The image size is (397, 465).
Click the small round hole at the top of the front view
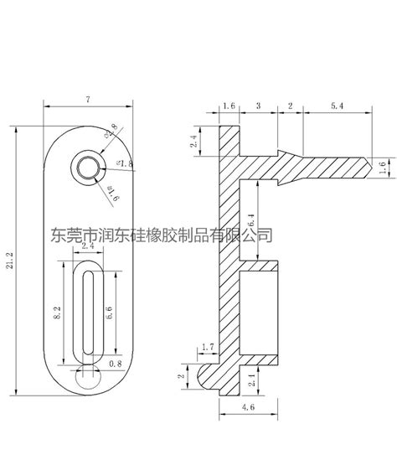87,166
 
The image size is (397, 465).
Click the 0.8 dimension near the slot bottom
115,363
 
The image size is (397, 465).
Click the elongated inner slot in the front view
87,311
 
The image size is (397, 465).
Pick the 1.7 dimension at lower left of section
208,345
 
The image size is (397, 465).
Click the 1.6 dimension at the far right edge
383,168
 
